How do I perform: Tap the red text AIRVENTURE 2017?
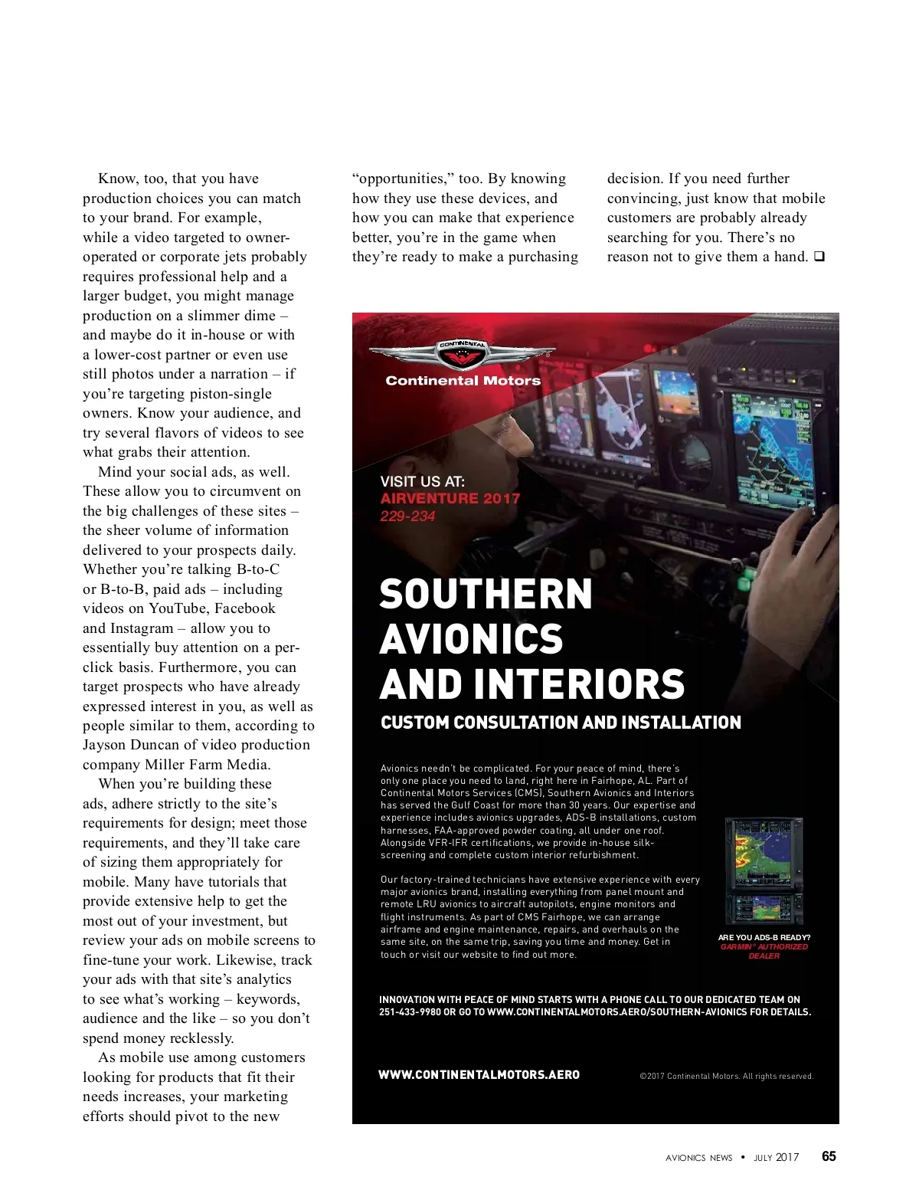[450, 498]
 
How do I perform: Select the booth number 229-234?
[407, 516]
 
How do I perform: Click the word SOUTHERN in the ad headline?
[486, 595]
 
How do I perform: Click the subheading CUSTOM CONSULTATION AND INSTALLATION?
[561, 723]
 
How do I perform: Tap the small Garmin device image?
[764, 870]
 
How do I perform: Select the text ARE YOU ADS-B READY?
[764, 937]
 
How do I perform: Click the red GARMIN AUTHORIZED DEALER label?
[764, 951]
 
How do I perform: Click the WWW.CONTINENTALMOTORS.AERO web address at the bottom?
[479, 1075]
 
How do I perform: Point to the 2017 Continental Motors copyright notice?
[726, 1077]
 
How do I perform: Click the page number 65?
[829, 1157]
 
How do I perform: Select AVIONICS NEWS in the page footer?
[698, 1158]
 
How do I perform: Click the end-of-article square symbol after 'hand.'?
[819, 257]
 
